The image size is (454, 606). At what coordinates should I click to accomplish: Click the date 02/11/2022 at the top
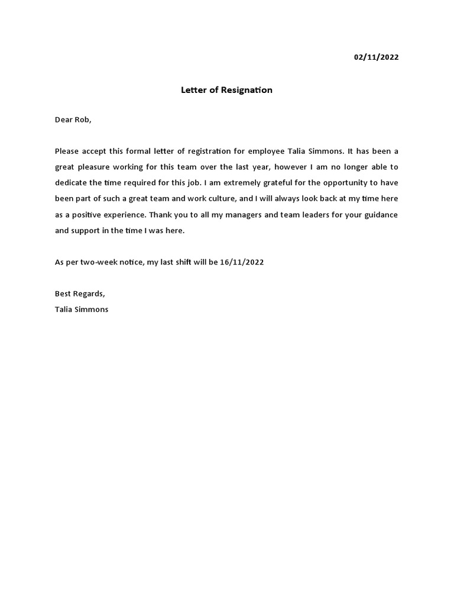coord(376,57)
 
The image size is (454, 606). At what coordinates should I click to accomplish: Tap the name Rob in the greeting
coord(82,120)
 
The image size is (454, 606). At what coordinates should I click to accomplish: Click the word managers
coord(241,215)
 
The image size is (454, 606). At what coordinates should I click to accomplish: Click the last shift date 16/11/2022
coord(242,262)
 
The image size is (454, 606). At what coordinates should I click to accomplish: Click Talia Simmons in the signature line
coord(82,310)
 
